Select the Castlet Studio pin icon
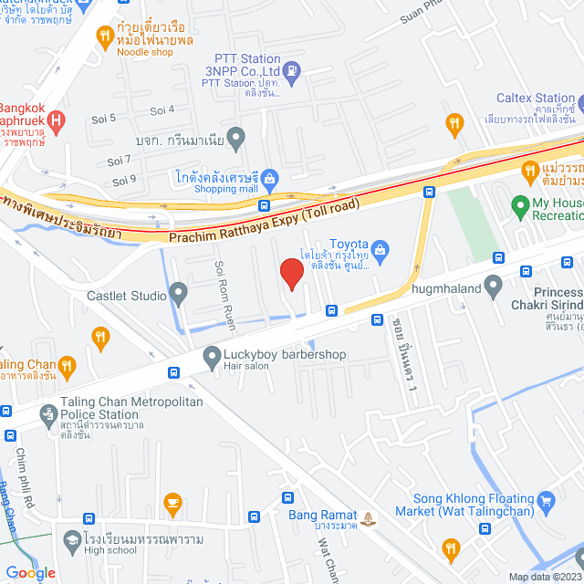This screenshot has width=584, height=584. (x=179, y=295)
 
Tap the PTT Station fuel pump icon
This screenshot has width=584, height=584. (x=291, y=69)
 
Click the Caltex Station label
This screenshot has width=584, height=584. (x=536, y=98)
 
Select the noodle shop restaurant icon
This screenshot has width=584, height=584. (x=104, y=37)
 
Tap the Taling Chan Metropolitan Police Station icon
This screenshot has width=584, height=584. (x=47, y=417)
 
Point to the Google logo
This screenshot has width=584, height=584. (x=30, y=572)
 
